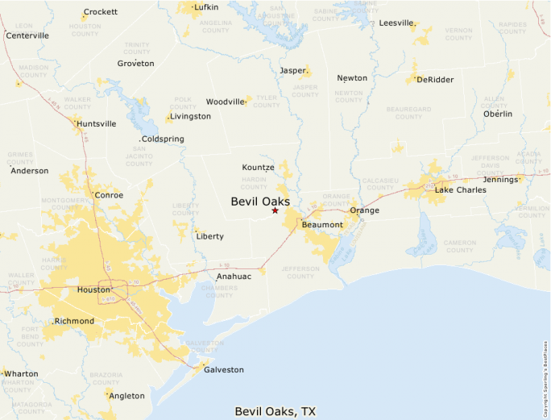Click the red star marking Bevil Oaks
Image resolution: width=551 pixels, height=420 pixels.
(x=275, y=210)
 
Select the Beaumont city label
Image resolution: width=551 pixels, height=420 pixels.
(x=322, y=225)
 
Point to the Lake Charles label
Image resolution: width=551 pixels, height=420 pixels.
(x=460, y=190)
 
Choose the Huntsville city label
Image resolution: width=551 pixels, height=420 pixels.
(x=96, y=123)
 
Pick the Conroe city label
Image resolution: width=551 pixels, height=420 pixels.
(x=109, y=195)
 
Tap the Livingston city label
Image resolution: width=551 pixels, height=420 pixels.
(x=192, y=116)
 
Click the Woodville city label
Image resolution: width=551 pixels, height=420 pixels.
(x=225, y=102)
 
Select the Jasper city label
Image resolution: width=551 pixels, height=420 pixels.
(x=293, y=70)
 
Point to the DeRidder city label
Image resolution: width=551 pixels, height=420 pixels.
(x=435, y=80)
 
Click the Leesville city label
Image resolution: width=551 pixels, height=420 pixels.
(x=396, y=23)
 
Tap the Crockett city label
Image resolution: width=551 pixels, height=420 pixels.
(x=101, y=12)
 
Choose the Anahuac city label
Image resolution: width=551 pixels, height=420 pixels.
(x=234, y=277)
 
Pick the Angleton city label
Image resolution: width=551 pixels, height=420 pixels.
(x=126, y=396)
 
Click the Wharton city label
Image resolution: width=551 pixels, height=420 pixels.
(x=21, y=374)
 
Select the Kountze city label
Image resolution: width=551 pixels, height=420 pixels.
(x=258, y=167)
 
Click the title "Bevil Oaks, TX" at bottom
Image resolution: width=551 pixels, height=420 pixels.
(x=275, y=411)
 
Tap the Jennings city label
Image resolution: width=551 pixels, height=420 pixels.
(x=500, y=179)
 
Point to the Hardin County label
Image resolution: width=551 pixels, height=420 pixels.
(x=254, y=183)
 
